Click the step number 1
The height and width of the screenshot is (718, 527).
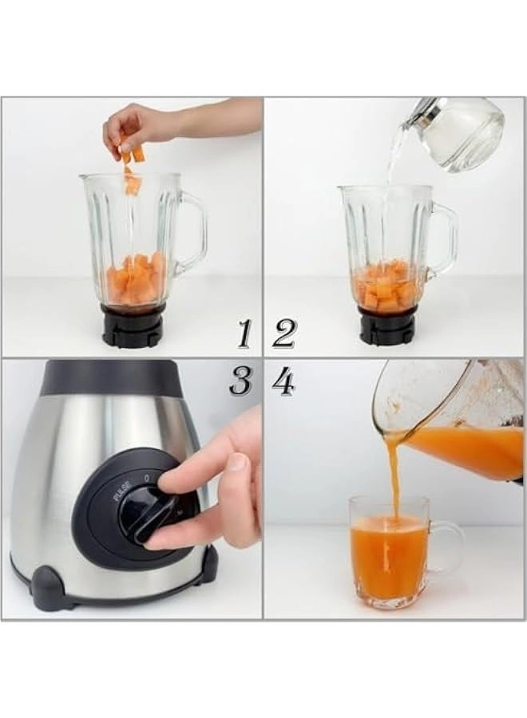point(244,333)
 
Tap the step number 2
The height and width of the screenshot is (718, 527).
point(283,333)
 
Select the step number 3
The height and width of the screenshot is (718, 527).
point(240,382)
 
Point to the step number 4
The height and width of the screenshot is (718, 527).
point(283,382)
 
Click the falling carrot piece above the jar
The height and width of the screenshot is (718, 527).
point(133,183)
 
